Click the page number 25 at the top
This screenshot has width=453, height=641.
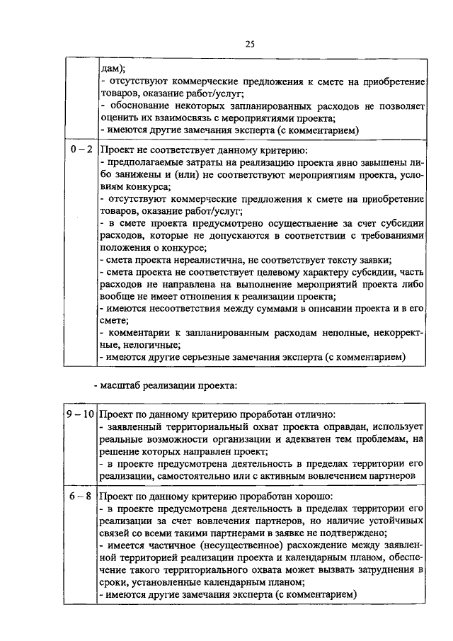pos(250,44)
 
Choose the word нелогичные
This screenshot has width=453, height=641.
pos(139,344)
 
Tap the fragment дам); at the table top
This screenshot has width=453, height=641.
pos(113,69)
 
